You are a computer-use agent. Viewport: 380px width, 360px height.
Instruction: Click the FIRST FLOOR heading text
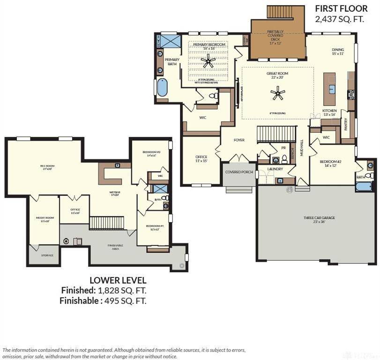pyautogui.click(x=341, y=8)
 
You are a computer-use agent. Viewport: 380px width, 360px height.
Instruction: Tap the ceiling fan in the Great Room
pyautogui.click(x=278, y=95)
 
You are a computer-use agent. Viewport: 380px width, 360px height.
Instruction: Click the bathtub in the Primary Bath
pyautogui.click(x=162, y=88)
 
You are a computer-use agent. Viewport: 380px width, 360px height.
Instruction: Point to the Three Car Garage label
pyautogui.click(x=319, y=217)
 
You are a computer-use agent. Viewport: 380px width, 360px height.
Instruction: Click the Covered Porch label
pyautogui.click(x=239, y=172)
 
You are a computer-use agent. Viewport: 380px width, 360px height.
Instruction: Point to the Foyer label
pyautogui.click(x=239, y=140)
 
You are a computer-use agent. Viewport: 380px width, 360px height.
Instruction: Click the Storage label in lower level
pyautogui.click(x=47, y=255)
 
